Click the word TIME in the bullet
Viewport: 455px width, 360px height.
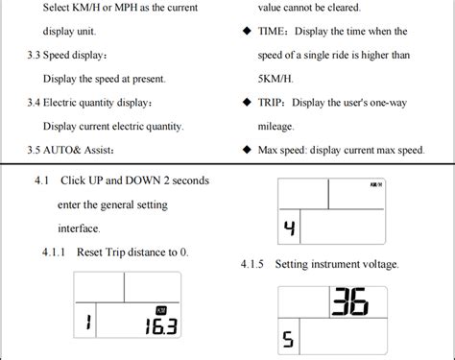[272, 31]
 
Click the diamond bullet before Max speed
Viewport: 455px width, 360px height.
[247, 150]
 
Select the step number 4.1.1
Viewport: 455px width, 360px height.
[58, 252]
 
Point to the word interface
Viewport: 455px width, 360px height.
[79, 228]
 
